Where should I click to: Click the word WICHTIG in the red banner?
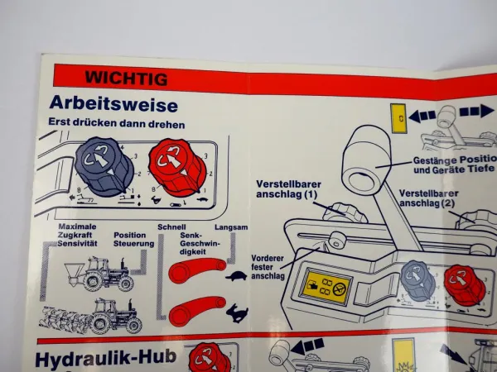(126, 79)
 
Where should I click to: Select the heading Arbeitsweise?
(113, 103)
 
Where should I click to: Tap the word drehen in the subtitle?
(170, 124)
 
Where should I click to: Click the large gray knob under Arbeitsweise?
(104, 167)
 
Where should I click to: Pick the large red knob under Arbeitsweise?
(177, 167)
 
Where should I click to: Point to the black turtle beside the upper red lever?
(236, 276)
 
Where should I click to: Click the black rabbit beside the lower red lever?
(237, 312)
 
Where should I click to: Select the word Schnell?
(171, 227)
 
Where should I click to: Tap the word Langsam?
(231, 227)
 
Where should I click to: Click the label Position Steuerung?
(133, 240)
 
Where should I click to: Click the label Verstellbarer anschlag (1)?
(288, 188)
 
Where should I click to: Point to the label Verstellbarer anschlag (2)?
(428, 198)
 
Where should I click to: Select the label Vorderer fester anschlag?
(268, 267)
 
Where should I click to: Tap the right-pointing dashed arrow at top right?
(476, 111)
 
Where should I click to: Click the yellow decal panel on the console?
(326, 287)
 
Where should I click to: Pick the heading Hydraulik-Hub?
(105, 358)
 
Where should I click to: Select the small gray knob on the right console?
(417, 280)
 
